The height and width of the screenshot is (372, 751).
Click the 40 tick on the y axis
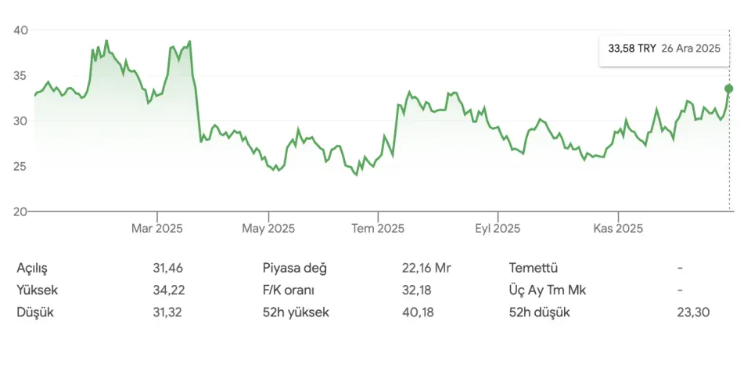point(20,31)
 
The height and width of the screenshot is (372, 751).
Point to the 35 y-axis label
point(20,76)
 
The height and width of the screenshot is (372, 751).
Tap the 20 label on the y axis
point(20,211)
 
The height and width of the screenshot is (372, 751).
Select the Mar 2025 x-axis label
point(156,229)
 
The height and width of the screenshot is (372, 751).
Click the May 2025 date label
point(268,229)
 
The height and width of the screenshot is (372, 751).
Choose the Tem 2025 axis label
point(378,229)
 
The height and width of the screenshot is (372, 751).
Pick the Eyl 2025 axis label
point(498,229)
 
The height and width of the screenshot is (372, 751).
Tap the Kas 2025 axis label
point(618,229)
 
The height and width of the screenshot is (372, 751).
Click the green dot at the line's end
point(729,88)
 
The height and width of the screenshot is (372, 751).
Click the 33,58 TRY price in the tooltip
point(631,49)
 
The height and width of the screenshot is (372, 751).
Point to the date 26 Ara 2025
point(690,49)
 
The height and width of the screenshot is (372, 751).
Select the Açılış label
point(32,268)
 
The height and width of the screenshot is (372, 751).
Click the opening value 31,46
point(168,268)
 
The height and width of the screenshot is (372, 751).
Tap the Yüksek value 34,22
point(168,290)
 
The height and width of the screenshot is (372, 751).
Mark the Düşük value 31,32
point(168,312)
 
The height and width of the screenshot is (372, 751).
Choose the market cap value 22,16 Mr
point(426,268)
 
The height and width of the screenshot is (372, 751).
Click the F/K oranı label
point(289,290)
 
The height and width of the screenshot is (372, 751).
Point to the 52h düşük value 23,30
point(695,312)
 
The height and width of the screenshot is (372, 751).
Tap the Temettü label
point(533,268)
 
